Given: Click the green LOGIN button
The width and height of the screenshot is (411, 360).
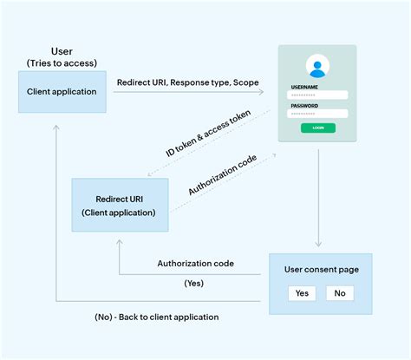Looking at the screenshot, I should pos(318,128).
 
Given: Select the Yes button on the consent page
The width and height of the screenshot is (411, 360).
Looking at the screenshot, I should pos(302,293).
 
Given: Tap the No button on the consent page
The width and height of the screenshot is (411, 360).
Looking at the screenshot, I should pos(339,293).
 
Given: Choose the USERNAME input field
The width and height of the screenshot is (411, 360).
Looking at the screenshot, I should pos(318,95).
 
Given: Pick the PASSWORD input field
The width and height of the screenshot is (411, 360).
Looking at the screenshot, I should pos(318,114).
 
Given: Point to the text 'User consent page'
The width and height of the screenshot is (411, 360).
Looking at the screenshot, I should pos(320,269).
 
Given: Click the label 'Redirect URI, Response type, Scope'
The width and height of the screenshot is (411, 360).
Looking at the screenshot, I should pos(188,82).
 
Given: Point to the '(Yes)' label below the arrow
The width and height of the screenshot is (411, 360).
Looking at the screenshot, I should pos(195,283).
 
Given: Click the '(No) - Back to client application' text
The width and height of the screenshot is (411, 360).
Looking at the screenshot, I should pos(156,317).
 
